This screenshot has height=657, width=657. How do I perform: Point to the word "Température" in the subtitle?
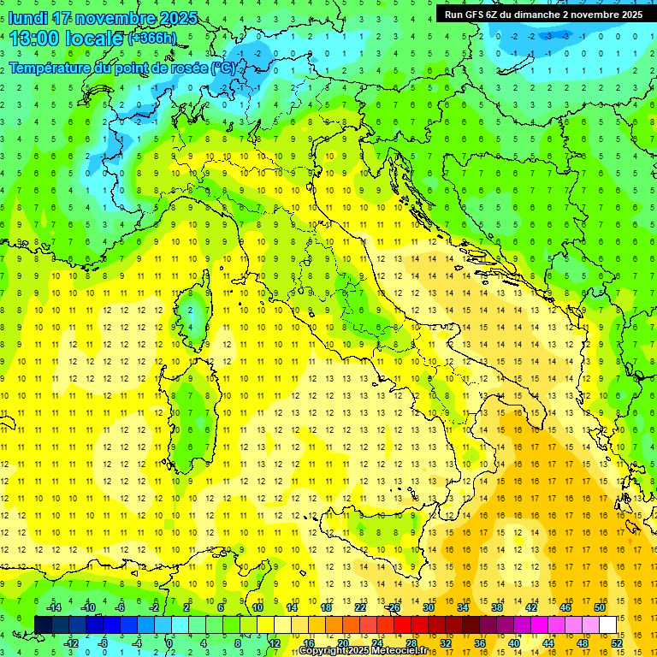coord(53,68)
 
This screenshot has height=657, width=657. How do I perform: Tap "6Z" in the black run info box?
coord(495,14)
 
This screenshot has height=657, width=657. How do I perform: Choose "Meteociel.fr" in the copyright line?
coord(400,651)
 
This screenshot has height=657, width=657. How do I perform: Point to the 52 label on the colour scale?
coord(617,643)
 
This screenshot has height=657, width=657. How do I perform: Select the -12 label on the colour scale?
coord(71,643)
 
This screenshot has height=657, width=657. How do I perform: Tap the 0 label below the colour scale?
coord(169,643)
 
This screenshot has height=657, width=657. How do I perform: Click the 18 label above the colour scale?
coord(326,607)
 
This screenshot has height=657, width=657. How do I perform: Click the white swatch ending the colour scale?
coord(607,624)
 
